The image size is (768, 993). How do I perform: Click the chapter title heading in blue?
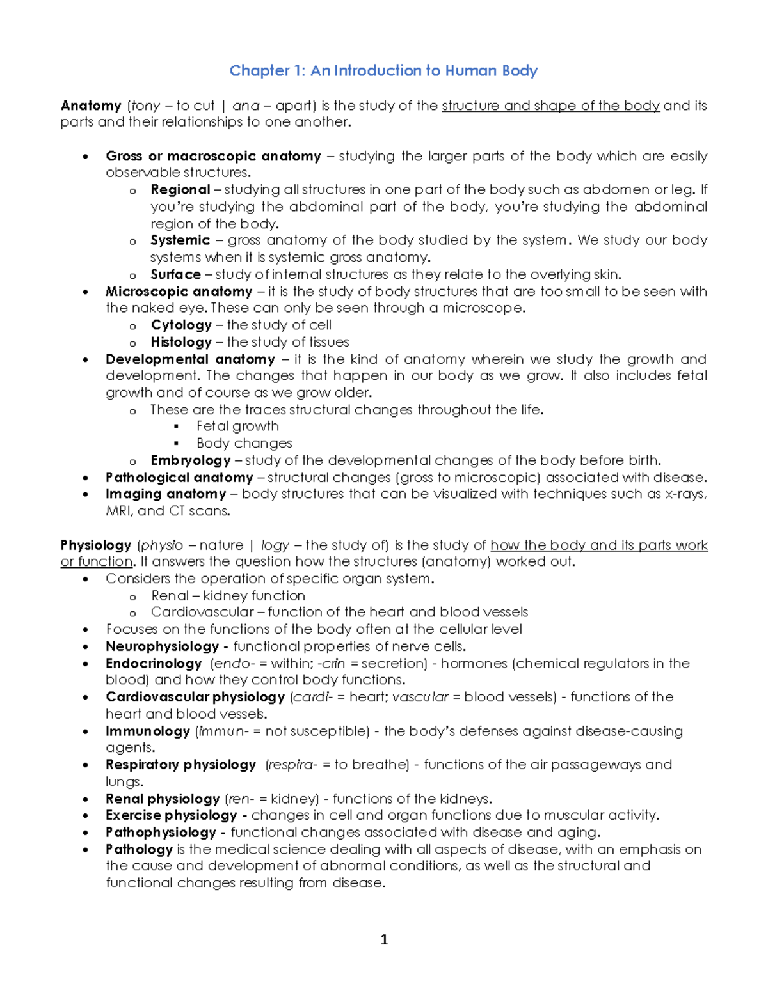383,70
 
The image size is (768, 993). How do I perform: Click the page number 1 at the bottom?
384,939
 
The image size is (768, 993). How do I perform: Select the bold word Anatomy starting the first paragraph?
91,106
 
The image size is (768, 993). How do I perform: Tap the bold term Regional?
180,190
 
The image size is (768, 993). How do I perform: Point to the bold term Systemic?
180,240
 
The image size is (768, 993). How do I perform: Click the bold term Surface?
175,274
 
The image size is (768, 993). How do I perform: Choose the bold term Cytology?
181,325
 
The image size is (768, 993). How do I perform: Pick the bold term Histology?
181,342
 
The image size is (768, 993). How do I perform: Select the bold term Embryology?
190,460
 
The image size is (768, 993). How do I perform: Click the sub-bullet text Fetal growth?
237,426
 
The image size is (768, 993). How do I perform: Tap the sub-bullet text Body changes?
244,443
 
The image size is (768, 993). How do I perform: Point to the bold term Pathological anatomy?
179,478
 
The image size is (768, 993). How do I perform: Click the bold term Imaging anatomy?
166,494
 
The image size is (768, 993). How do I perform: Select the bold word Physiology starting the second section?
96,545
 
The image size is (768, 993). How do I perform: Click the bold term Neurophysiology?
163,646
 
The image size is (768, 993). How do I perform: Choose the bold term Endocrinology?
154,664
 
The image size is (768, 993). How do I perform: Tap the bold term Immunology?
148,731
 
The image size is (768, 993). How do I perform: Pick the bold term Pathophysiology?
161,833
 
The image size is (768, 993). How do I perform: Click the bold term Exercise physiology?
171,815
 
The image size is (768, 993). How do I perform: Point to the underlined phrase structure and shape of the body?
550,106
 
